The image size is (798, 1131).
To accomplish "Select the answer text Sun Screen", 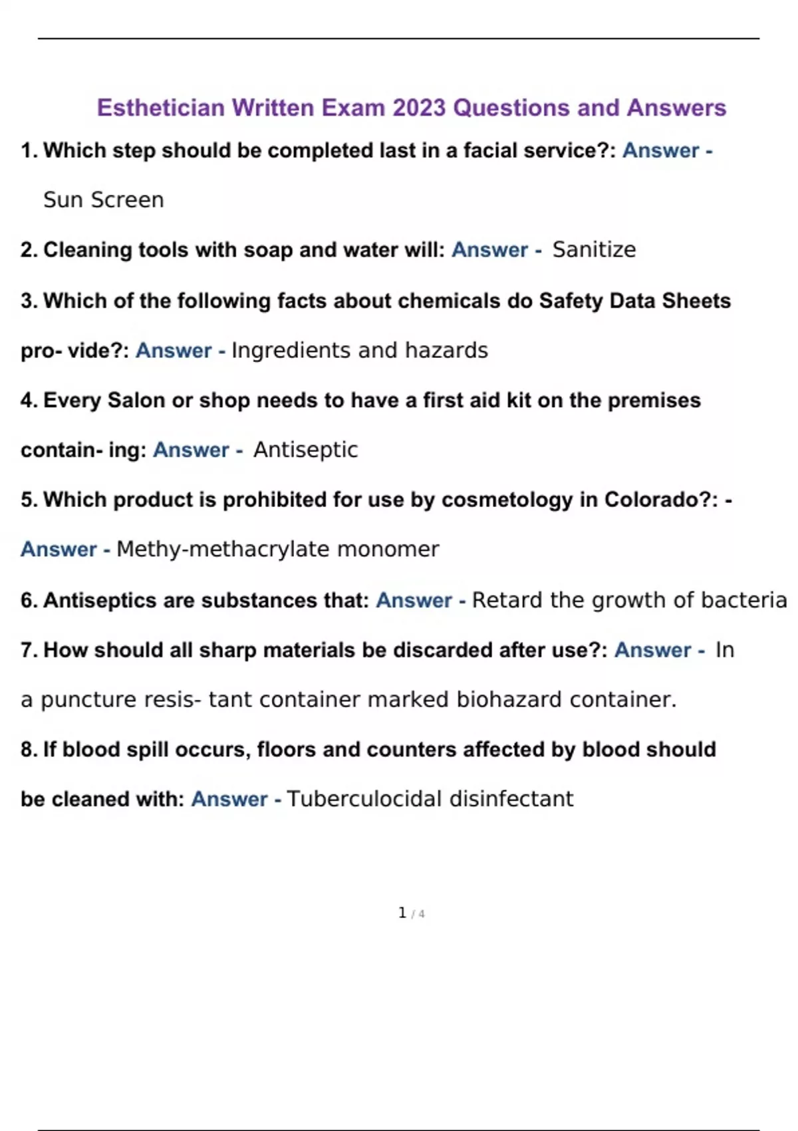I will pyautogui.click(x=103, y=200).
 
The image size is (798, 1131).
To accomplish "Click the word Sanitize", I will pyautogui.click(x=594, y=249).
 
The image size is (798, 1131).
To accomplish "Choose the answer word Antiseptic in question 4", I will pyautogui.click(x=305, y=450).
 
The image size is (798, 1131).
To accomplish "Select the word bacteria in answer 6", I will pyautogui.click(x=745, y=600).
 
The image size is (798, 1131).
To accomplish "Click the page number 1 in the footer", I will pyautogui.click(x=402, y=913).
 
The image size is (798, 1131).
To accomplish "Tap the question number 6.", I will pyautogui.click(x=28, y=600).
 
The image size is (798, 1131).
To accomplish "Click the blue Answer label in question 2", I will pyautogui.click(x=489, y=249).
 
